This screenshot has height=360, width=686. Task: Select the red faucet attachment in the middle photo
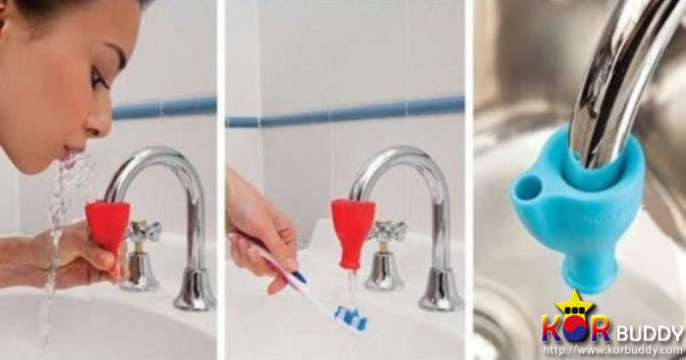(x=352, y=233)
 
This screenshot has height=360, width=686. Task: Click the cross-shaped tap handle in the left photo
(x=144, y=231)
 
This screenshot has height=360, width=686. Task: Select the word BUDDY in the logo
(x=649, y=333)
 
